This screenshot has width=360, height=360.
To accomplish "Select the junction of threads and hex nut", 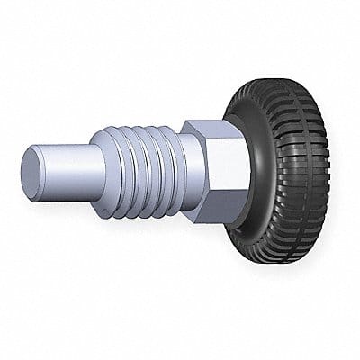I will (184, 166).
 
